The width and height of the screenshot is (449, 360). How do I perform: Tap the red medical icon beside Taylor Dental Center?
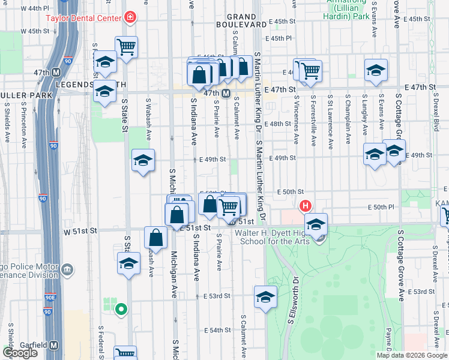pyautogui.click(x=130, y=18)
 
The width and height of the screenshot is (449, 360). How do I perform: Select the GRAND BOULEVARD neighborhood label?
pyautogui.click(x=246, y=20)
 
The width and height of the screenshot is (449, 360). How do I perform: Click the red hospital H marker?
pyautogui.click(x=306, y=206)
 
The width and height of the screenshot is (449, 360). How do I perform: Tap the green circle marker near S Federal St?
pyautogui.click(x=121, y=310)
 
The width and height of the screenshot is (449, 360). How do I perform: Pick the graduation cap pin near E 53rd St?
pyautogui.click(x=265, y=297)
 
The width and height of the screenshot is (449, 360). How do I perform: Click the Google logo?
pyautogui.click(x=20, y=353)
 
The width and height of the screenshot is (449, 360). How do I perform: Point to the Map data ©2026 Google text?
pyautogui.click(x=412, y=355)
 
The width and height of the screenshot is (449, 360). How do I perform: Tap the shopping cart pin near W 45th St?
pyautogui.click(x=126, y=46)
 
